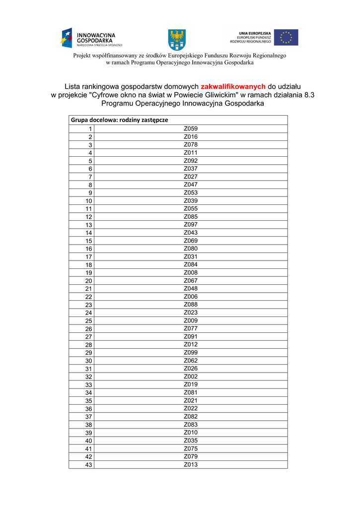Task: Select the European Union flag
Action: [286, 37]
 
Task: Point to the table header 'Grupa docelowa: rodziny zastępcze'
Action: [120, 120]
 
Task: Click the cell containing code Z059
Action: [191, 128]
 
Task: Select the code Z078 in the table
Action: [191, 144]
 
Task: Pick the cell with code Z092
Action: [191, 161]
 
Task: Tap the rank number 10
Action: [89, 201]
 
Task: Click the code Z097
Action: [191, 225]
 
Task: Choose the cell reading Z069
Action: [191, 241]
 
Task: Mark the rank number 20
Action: [89, 281]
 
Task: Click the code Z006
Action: [191, 297]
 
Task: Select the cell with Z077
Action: [191, 328]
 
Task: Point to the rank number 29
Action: [89, 353]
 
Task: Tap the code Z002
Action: [191, 377]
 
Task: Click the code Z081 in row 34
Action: [191, 392]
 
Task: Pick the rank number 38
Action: [89, 425]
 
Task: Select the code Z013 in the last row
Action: [191, 464]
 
